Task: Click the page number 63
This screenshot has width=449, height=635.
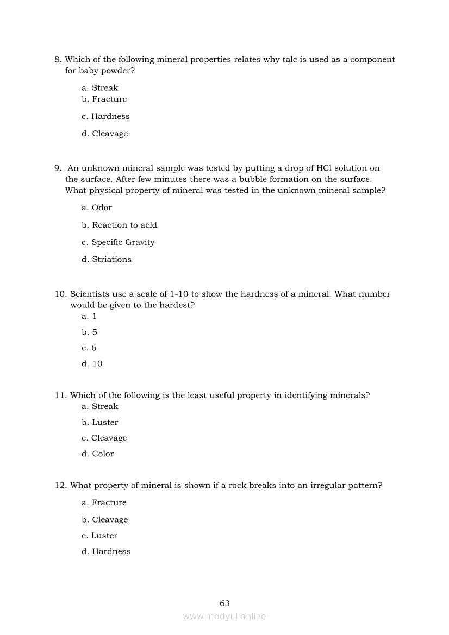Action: pyautogui.click(x=224, y=603)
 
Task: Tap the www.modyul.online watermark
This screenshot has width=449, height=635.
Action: pyautogui.click(x=224, y=616)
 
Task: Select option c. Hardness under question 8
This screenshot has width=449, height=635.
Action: pyautogui.click(x=105, y=116)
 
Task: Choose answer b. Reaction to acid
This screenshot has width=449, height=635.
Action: pyautogui.click(x=119, y=225)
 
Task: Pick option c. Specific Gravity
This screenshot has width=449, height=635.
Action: pyautogui.click(x=118, y=242)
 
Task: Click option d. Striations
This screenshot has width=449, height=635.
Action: pyautogui.click(x=107, y=260)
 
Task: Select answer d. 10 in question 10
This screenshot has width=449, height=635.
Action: pyautogui.click(x=92, y=363)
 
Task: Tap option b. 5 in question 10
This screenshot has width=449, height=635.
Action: pyautogui.click(x=90, y=332)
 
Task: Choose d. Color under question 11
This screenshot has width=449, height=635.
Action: pyautogui.click(x=98, y=454)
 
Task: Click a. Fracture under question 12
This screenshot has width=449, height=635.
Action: pyautogui.click(x=104, y=502)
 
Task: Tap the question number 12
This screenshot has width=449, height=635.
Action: pyautogui.click(x=60, y=485)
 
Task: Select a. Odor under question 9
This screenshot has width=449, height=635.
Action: pyautogui.click(x=97, y=208)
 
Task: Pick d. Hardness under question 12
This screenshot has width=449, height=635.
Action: pyautogui.click(x=106, y=551)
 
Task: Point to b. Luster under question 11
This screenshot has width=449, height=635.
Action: pyautogui.click(x=99, y=422)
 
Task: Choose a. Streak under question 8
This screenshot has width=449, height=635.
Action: pyautogui.click(x=99, y=88)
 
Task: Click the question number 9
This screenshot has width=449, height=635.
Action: pyautogui.click(x=58, y=168)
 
